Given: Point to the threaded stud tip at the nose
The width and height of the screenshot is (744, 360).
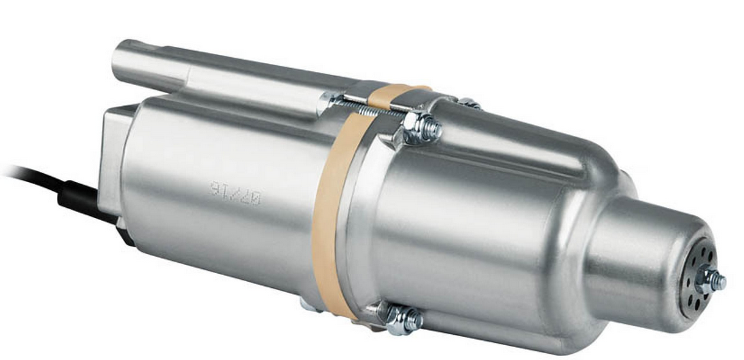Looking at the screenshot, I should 720,281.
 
